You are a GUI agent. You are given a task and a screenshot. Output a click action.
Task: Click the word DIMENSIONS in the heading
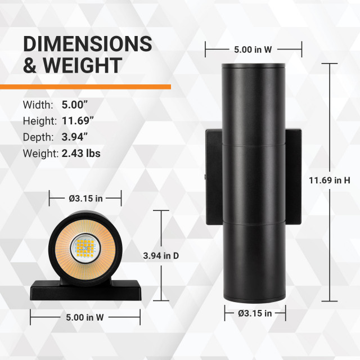pos(87,44)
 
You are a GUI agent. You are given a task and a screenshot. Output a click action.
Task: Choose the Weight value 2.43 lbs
pos(81,153)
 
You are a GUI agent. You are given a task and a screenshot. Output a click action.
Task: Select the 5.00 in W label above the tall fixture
pos(254,49)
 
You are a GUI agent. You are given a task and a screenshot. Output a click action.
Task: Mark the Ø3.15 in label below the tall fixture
pos(254,313)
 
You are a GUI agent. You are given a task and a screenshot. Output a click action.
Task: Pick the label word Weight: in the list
pos(40,153)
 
